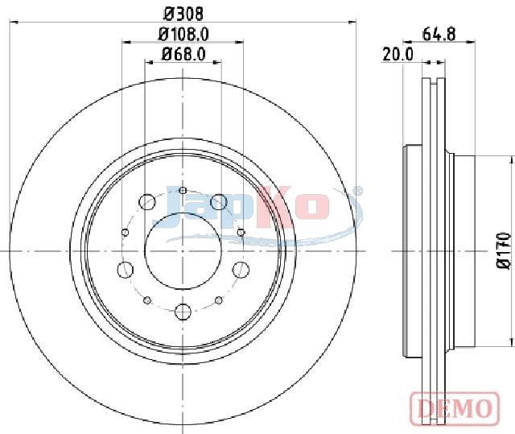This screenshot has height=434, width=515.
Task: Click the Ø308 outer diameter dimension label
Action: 183,14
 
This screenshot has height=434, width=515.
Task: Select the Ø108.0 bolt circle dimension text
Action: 183,34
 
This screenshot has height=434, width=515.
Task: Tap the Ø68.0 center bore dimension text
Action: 183,54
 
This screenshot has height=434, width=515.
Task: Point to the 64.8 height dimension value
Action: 439,34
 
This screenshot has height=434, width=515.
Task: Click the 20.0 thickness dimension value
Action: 398,54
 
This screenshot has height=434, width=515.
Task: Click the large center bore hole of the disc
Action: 183,251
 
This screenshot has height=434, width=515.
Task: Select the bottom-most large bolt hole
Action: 183,311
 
